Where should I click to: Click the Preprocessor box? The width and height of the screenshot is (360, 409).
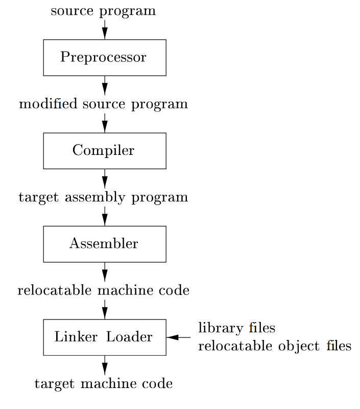pyautogui.click(x=104, y=57)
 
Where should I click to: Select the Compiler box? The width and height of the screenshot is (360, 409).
pyautogui.click(x=104, y=151)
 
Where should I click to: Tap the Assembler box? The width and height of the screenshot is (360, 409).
pyautogui.click(x=104, y=244)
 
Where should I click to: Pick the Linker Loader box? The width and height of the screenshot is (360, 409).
pyautogui.click(x=104, y=337)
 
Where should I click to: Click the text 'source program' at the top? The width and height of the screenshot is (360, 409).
pyautogui.click(x=103, y=11)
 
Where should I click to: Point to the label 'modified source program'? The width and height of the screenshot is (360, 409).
pyautogui.click(x=103, y=104)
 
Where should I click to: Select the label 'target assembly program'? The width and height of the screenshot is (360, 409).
pyautogui.click(x=103, y=197)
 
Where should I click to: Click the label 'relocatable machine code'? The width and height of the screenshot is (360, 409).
pyautogui.click(x=103, y=291)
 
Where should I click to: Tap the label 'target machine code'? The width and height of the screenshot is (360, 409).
pyautogui.click(x=103, y=384)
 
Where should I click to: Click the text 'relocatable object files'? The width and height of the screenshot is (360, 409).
pyautogui.click(x=274, y=347)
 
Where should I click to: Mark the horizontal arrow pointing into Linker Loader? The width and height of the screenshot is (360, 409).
pyautogui.click(x=178, y=337)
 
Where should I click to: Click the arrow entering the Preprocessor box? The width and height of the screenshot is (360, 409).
pyautogui.click(x=105, y=30)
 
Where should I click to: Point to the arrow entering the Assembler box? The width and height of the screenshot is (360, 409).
pyautogui.click(x=105, y=216)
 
